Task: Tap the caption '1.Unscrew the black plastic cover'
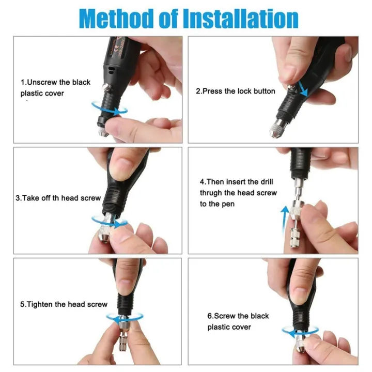coord(55,88)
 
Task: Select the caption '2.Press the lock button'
coord(235,91)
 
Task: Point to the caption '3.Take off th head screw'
coord(58,198)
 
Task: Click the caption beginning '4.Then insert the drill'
coord(238,193)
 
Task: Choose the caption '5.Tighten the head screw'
coord(64,304)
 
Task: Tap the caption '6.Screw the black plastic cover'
coord(238,321)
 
